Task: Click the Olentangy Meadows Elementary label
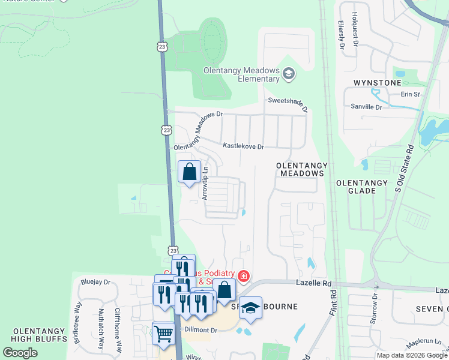pos(242,74)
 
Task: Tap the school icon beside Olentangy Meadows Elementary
pos(289,74)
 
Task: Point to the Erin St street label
pos(412,94)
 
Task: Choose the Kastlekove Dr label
pos(244,146)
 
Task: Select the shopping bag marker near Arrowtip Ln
pos(190,172)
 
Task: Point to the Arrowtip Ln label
pos(205,182)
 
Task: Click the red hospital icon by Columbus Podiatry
pos(244,277)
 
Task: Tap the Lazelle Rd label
pos(313,282)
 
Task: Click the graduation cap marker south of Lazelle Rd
pos(250,308)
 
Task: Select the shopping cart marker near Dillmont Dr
pos(163,334)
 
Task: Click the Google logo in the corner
pos(20,353)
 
